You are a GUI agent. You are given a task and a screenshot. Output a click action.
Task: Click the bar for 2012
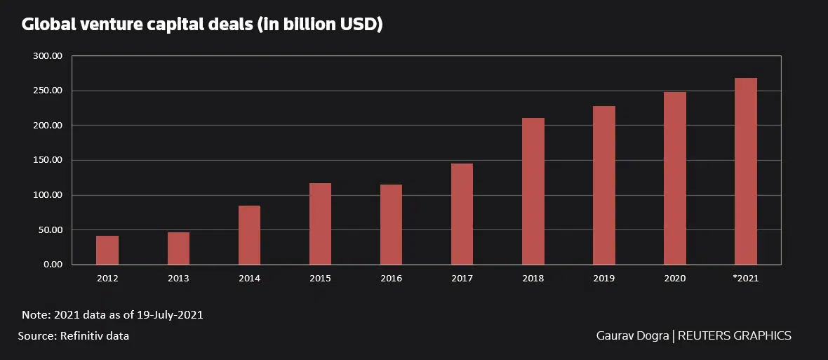point(107,251)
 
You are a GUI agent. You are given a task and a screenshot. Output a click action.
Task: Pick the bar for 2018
point(533,192)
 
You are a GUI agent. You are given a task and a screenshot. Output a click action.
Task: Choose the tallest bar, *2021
point(745,171)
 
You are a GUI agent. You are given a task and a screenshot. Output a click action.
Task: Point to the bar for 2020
point(674,178)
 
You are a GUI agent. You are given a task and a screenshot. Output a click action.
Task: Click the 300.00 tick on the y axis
point(48,56)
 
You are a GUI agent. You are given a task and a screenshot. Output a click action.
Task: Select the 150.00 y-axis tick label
point(48,160)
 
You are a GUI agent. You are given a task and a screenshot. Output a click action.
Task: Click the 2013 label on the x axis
point(178,279)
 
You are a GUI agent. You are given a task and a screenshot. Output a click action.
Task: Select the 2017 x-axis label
point(462,279)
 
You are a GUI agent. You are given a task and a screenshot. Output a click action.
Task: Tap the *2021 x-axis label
point(745,279)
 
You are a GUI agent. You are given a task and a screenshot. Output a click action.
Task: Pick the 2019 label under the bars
point(603,279)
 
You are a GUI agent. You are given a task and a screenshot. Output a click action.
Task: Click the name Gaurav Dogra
point(632,336)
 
